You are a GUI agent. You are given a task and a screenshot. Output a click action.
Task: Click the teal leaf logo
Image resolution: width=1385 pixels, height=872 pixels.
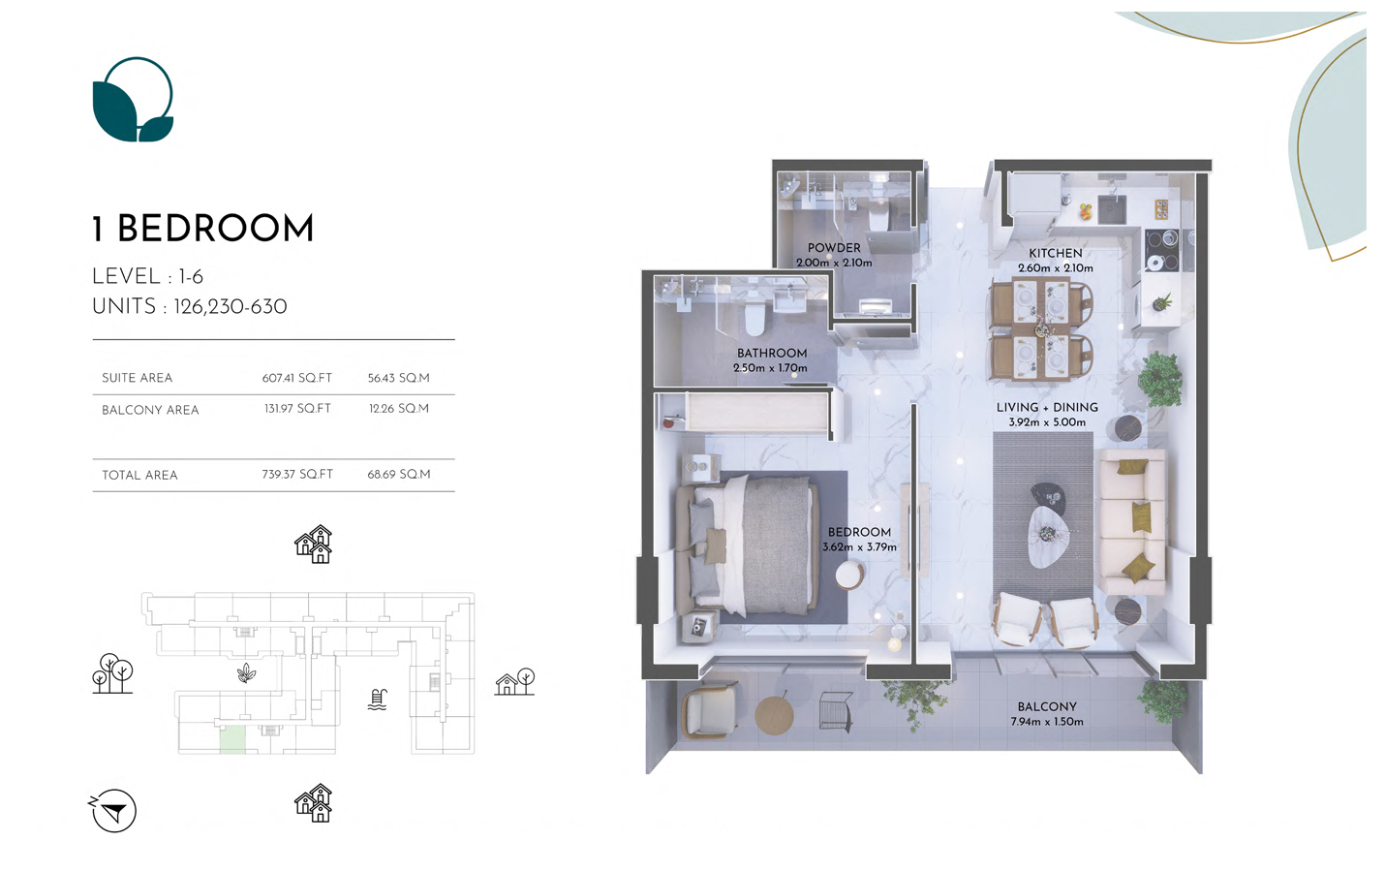tap(133, 100)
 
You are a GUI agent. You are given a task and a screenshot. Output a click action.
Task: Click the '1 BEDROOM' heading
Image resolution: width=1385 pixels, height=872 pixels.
tap(203, 229)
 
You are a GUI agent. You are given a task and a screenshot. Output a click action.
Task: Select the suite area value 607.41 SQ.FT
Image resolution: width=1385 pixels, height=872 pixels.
tap(296, 378)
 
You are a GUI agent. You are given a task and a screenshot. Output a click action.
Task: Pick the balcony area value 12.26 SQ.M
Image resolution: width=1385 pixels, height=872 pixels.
tap(399, 409)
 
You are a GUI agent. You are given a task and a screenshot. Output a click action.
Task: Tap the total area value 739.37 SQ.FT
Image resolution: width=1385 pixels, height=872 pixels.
tap(297, 475)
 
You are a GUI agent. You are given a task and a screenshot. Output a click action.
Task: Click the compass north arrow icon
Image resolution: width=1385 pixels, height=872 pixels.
tap(113, 810)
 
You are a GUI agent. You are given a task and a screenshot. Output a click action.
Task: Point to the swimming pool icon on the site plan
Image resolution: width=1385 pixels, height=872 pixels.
tap(377, 700)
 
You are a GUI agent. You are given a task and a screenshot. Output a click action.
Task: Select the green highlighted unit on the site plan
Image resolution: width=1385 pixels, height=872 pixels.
tap(232, 739)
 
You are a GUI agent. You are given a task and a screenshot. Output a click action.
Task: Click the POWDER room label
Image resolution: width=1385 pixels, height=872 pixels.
tap(834, 247)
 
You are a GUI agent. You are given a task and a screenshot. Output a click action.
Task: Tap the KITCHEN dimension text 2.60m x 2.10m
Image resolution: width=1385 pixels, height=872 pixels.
tap(1056, 268)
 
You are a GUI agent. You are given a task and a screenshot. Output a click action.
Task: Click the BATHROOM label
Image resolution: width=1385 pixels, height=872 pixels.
tap(772, 353)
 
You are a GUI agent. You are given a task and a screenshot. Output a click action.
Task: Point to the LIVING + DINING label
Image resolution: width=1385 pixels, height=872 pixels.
tap(1047, 408)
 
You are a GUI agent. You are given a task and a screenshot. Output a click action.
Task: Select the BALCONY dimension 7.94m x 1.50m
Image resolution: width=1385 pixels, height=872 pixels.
tap(1047, 722)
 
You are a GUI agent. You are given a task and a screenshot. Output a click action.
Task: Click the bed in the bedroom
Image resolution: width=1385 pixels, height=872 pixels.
tap(747, 546)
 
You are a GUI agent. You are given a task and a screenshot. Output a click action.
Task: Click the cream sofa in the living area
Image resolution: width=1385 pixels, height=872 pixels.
tap(1131, 522)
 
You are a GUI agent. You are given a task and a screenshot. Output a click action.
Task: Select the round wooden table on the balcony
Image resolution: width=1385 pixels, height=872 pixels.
tap(774, 716)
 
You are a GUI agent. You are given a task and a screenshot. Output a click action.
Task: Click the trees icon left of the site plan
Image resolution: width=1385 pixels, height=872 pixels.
tap(112, 673)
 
